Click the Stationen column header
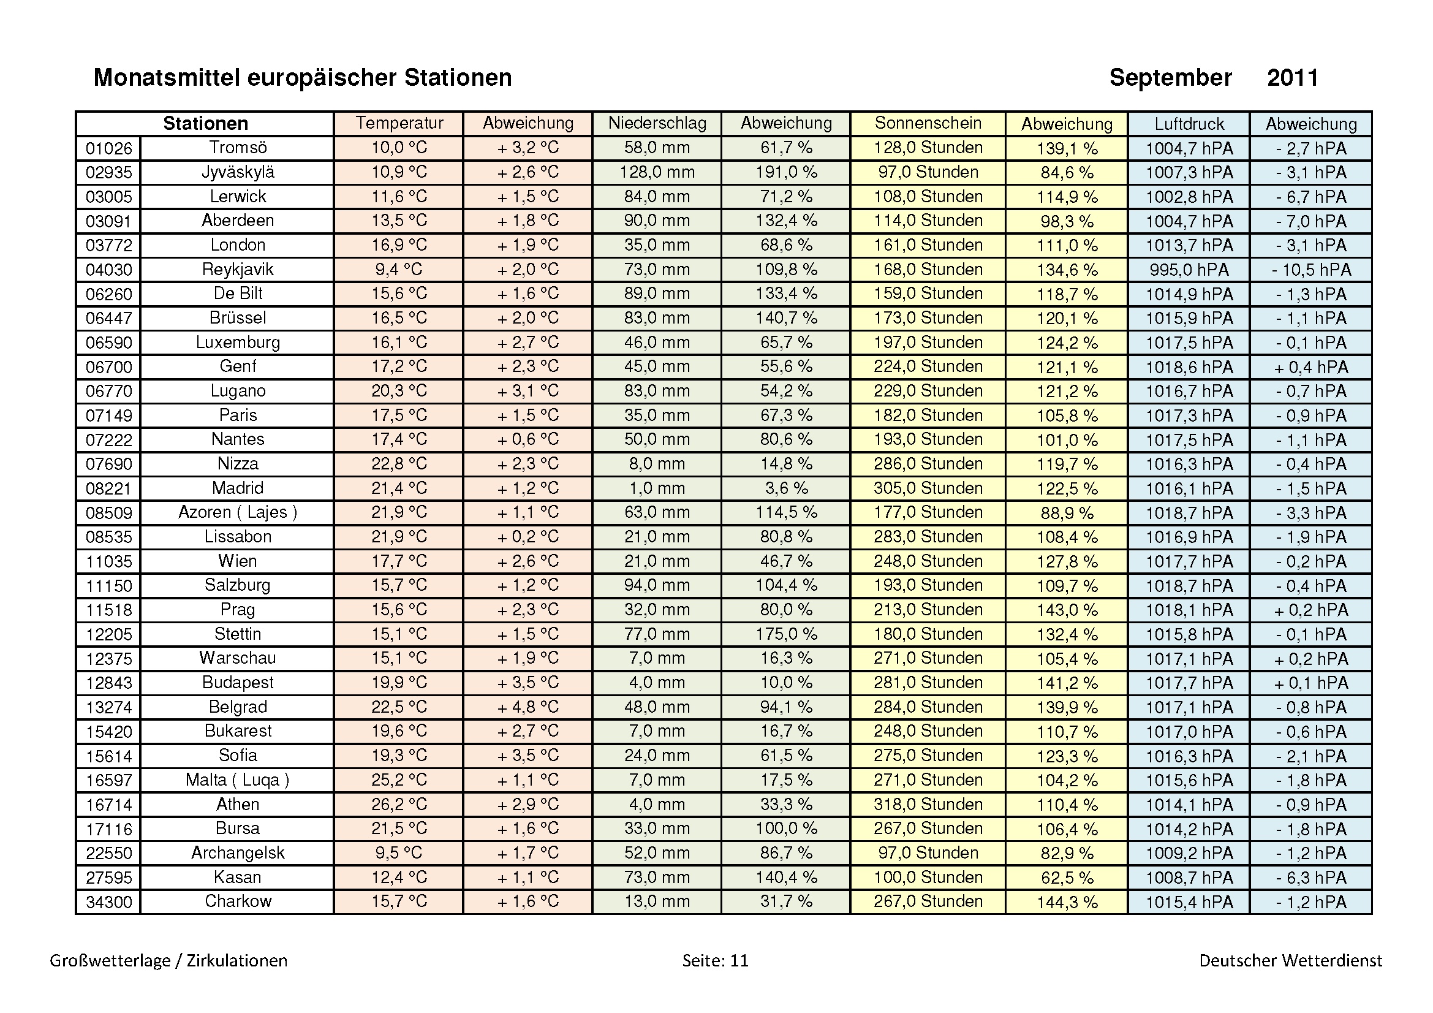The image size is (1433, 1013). [x=205, y=124]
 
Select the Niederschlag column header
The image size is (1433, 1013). [x=657, y=123]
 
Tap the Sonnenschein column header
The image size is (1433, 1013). [x=928, y=123]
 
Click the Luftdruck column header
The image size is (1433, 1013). [x=1189, y=124]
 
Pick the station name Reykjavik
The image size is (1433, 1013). [x=238, y=270]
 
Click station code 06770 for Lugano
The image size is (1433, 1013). [x=109, y=392]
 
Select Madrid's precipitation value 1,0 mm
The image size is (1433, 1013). [x=657, y=488]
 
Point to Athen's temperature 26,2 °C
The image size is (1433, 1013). [x=399, y=805]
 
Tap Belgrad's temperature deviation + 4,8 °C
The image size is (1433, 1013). [x=528, y=707]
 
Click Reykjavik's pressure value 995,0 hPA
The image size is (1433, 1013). [x=1189, y=270]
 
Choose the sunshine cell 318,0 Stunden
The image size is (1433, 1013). [x=928, y=805]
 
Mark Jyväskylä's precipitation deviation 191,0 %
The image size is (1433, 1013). [x=787, y=172]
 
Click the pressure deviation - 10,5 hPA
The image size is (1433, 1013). [x=1311, y=270]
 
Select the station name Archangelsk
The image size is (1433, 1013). [x=238, y=853]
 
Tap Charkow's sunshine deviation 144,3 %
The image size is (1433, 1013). [x=1067, y=902]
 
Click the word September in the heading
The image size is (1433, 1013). [x=1170, y=78]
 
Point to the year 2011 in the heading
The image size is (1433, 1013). [x=1293, y=78]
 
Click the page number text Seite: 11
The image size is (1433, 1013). [x=715, y=960]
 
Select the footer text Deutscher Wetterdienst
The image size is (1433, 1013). [x=1291, y=960]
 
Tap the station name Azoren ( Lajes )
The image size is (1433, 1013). [x=238, y=512]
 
